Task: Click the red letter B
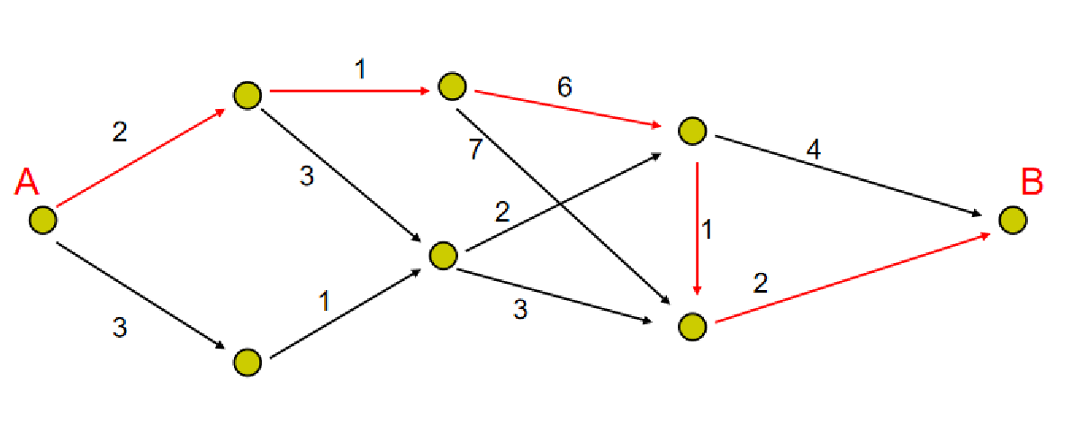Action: tap(1032, 183)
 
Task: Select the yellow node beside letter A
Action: tap(41, 220)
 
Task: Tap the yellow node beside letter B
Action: tap(1012, 220)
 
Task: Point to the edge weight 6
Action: tap(564, 87)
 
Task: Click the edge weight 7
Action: tap(474, 150)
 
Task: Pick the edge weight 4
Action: tap(813, 149)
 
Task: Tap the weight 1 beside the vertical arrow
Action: tap(708, 230)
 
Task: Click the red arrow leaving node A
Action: tap(140, 157)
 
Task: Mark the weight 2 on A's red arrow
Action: tap(120, 132)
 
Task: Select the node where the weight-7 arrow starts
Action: tap(452, 86)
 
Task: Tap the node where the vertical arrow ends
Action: tap(691, 326)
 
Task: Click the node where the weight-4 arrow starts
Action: tap(691, 132)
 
